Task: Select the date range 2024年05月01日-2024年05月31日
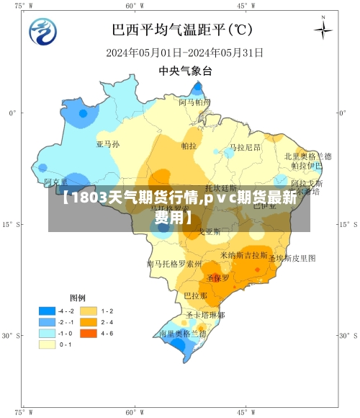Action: pos(184,53)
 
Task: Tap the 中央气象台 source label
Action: pos(185,71)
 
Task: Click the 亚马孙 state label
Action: pos(108,144)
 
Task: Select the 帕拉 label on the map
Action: pos(189,146)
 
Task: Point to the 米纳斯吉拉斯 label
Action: pos(244,255)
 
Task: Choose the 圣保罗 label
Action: pos(217,277)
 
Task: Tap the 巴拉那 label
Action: pos(195,296)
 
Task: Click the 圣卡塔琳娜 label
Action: pos(205,315)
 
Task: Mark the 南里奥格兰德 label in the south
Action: pos(183,334)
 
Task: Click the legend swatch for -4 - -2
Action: pos(48,310)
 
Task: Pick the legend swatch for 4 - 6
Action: pos(89,333)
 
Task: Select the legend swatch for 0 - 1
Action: pos(48,344)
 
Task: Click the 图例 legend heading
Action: pos(78,297)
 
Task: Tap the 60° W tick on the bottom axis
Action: pos(130,412)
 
